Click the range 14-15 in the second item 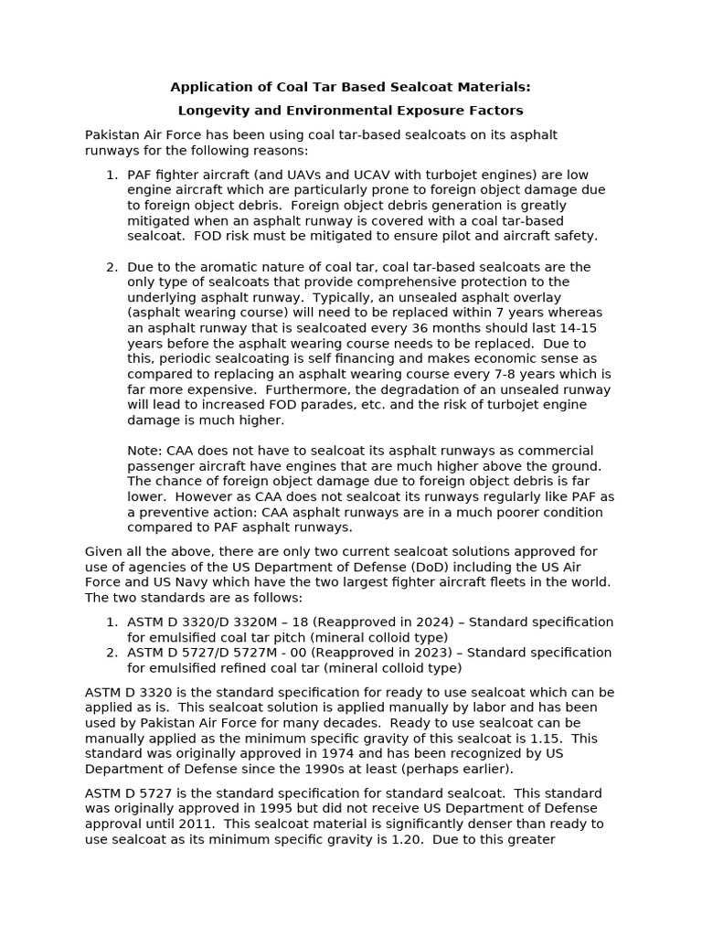pos(580,328)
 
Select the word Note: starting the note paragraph pos(145,451)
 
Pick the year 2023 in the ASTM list pos(443,653)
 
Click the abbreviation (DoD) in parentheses pos(375,567)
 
